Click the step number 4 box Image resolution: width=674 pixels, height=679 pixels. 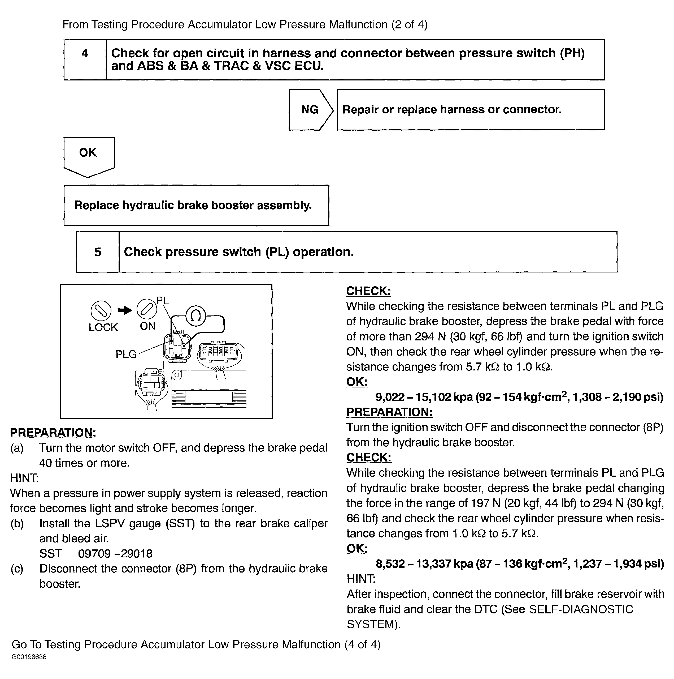click(85, 59)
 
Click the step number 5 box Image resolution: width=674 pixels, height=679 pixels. click(98, 252)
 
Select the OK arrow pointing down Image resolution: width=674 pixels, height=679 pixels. click(89, 156)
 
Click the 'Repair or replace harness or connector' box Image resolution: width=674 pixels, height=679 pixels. click(470, 110)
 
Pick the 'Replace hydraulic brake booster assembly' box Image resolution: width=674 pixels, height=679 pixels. click(196, 205)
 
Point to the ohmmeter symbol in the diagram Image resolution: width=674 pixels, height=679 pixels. click(195, 316)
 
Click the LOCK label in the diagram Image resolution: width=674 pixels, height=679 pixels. click(103, 327)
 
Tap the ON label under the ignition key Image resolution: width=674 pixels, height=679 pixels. click(147, 326)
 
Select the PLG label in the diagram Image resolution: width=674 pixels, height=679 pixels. click(126, 354)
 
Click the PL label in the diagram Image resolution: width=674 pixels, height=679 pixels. click(163, 301)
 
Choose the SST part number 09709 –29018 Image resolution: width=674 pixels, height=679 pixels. click(115, 554)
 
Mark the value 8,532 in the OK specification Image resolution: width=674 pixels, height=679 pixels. click(390, 564)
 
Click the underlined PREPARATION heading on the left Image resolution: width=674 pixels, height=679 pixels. click(53, 433)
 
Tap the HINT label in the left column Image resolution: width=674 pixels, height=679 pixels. click(24, 478)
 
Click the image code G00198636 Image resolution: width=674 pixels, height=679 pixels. click(29, 657)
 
